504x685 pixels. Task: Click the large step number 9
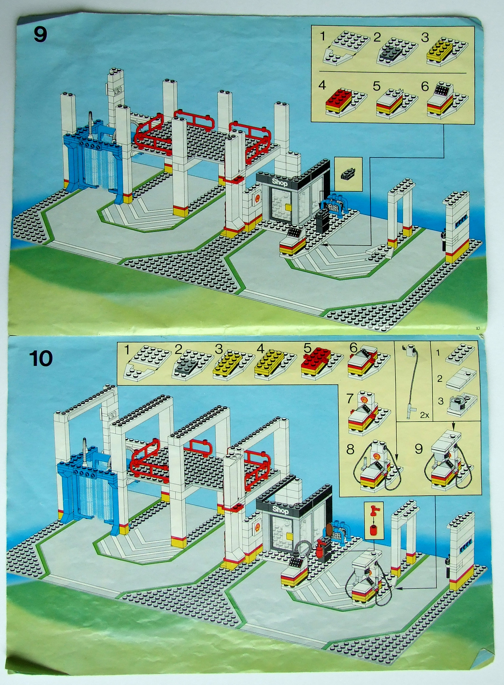[x=40, y=35]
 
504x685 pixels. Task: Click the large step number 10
[x=41, y=358]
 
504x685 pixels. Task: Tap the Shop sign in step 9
[x=279, y=183]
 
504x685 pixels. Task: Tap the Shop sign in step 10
[x=280, y=509]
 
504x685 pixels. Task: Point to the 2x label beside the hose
[x=424, y=415]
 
